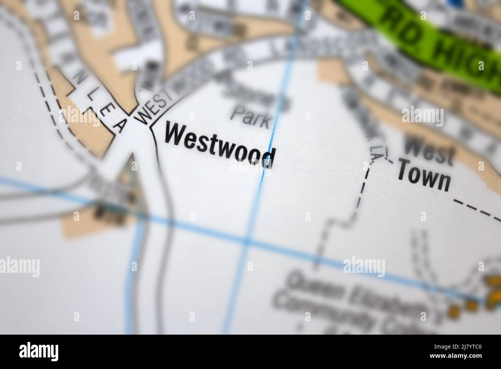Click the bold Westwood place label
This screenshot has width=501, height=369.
click(220, 145)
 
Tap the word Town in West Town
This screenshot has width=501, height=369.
click(423, 178)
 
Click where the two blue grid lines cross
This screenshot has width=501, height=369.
click(247, 242)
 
